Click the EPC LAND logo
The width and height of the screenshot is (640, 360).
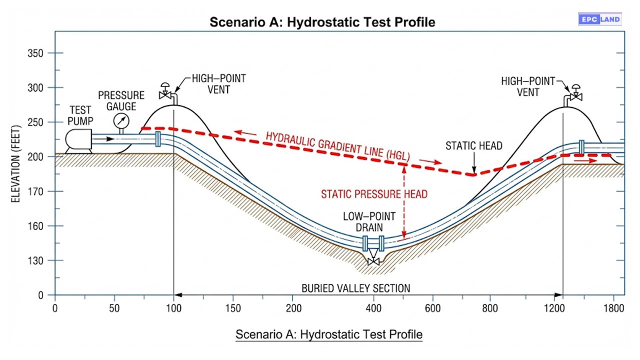[x=599, y=19]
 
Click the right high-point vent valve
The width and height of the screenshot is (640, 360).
[x=576, y=94]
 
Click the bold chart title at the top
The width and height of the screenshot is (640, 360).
[x=322, y=22]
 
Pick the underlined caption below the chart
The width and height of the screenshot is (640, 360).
[x=328, y=334]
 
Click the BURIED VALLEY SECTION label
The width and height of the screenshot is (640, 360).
[x=355, y=288]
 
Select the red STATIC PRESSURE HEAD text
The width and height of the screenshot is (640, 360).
[x=374, y=194]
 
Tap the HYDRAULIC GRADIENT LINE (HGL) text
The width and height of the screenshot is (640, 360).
[x=337, y=147]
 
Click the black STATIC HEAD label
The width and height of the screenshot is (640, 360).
[x=474, y=146]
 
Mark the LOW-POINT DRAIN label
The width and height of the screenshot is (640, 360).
[x=369, y=222]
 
